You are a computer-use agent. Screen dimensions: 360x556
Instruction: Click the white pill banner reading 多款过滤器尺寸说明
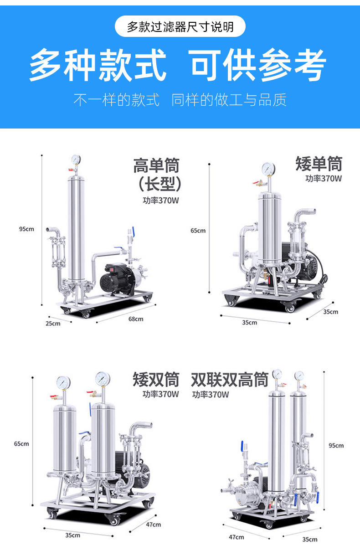tap(180, 26)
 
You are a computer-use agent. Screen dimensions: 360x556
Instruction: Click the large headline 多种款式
tap(98, 65)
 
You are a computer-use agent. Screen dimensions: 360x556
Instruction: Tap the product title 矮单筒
tap(319, 164)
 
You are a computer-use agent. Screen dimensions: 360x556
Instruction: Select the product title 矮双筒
tap(156, 379)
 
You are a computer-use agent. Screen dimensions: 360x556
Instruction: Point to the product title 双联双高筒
tap(229, 379)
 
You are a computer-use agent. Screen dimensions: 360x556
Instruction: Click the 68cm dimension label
tap(135, 319)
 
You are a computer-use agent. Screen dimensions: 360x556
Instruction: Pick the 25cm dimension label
tap(52, 323)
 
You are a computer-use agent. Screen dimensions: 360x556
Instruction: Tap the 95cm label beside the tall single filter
tap(26, 229)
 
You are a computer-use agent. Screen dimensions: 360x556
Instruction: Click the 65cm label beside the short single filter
tap(198, 231)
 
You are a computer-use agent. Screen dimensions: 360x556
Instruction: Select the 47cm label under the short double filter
tap(154, 525)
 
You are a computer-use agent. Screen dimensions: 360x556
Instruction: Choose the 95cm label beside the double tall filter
tap(336, 445)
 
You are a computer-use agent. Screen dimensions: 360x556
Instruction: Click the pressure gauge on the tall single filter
tap(76, 160)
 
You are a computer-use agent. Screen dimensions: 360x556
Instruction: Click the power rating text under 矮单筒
tap(323, 178)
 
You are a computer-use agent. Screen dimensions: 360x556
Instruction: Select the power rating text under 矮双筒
tap(160, 394)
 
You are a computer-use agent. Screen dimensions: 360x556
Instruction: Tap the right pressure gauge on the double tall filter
tap(299, 376)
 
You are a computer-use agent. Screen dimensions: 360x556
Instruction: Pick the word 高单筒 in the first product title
tap(156, 165)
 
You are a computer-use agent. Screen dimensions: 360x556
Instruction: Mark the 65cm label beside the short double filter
tap(21, 443)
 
